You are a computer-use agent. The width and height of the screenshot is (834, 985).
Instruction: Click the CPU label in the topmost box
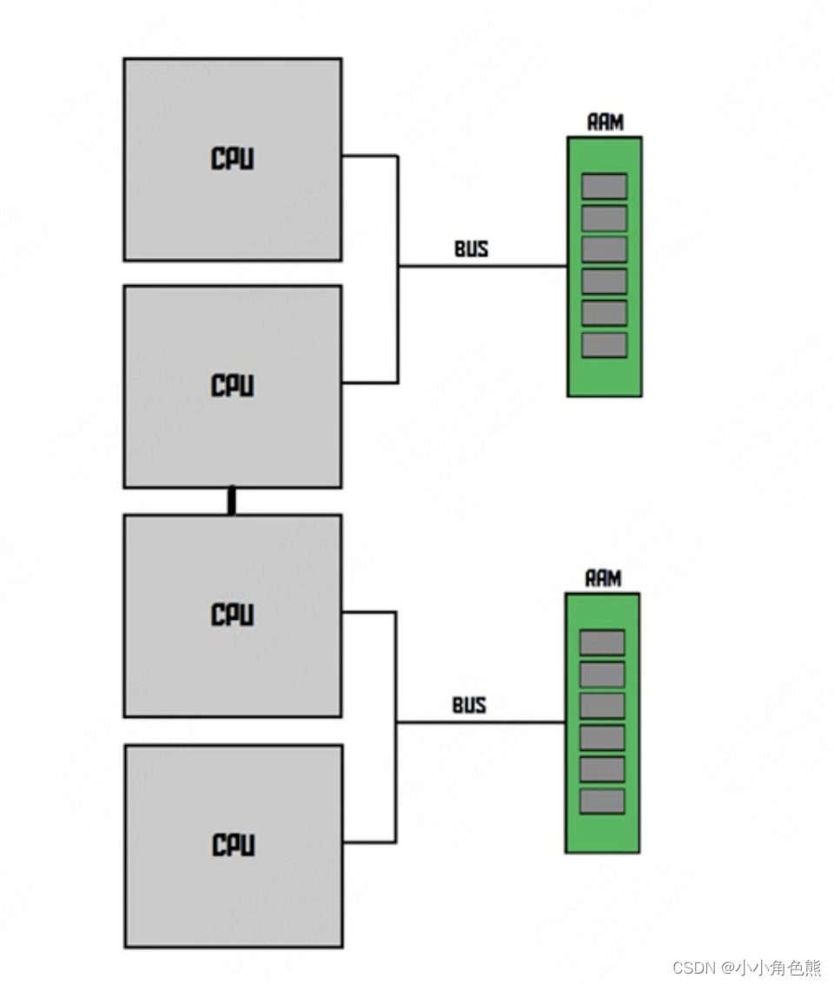click(x=233, y=159)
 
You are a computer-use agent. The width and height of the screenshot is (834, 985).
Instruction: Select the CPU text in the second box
click(x=233, y=385)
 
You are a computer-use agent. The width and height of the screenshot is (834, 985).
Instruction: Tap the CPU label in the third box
click(x=233, y=615)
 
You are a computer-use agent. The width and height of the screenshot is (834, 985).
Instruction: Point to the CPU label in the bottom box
click(x=233, y=844)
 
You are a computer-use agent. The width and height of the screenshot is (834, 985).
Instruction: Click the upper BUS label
click(x=471, y=249)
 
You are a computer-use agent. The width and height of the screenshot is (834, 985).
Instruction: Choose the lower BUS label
click(x=469, y=705)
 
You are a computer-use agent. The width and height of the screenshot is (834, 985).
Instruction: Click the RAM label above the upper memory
click(x=605, y=123)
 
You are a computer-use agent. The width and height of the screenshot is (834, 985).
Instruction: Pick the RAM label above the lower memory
click(x=603, y=579)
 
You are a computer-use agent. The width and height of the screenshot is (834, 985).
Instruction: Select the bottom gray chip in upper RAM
click(x=604, y=345)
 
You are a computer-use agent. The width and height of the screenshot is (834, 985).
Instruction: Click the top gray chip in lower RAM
click(x=602, y=642)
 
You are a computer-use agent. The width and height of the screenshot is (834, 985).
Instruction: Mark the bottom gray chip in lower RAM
click(x=602, y=801)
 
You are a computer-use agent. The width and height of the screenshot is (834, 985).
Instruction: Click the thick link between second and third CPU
click(x=231, y=502)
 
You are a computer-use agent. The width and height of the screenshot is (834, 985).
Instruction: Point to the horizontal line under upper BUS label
click(x=482, y=266)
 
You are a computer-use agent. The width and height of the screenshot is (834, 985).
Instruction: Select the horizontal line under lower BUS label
click(x=480, y=722)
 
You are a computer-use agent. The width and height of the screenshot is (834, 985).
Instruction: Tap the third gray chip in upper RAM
click(x=604, y=250)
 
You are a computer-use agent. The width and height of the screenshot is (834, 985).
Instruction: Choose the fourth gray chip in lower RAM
click(x=602, y=737)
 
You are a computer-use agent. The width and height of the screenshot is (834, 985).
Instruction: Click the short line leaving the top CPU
click(x=369, y=156)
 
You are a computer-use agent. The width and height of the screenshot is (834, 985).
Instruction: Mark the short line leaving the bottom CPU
click(x=369, y=842)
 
